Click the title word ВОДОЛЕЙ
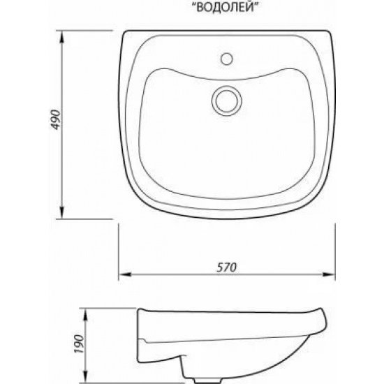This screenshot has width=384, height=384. [225, 8]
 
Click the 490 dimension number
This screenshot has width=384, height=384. [56, 120]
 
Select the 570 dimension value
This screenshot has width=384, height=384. [226, 267]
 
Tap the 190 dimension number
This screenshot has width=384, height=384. [79, 344]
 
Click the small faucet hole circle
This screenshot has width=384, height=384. [226, 59]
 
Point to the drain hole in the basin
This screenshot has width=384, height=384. [226, 101]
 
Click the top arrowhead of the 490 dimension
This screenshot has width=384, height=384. [62, 37]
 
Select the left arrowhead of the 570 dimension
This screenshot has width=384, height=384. [125, 274]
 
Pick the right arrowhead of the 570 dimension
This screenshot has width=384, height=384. [329, 274]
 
